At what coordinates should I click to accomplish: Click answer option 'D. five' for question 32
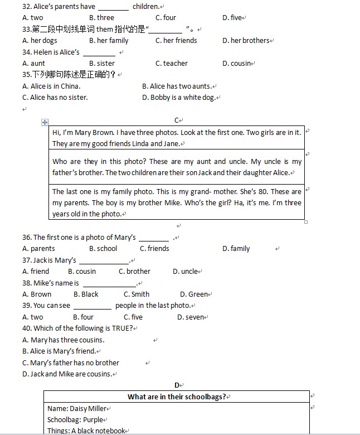pyautogui.click(x=232, y=18)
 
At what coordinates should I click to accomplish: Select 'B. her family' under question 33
pyautogui.click(x=109, y=41)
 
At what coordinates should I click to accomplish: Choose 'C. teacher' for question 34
pyautogui.click(x=172, y=64)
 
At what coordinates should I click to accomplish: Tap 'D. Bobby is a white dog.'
pyautogui.click(x=179, y=98)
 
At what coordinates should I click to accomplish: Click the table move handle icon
pyautogui.click(x=45, y=122)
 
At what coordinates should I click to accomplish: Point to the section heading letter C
pyautogui.click(x=177, y=120)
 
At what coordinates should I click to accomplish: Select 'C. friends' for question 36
pyautogui.click(x=154, y=249)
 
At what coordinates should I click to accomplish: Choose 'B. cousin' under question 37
pyautogui.click(x=82, y=272)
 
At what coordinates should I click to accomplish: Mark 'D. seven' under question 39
pyautogui.click(x=191, y=317)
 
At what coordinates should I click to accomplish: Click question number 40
pyautogui.click(x=27, y=328)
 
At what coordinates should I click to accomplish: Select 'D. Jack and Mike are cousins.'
pyautogui.click(x=67, y=374)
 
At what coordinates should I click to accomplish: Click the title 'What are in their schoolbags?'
pyautogui.click(x=177, y=397)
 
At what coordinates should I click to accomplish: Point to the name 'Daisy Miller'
pyautogui.click(x=88, y=409)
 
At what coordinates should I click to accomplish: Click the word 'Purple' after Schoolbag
pyautogui.click(x=94, y=420)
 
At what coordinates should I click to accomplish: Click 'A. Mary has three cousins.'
pyautogui.click(x=63, y=340)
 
